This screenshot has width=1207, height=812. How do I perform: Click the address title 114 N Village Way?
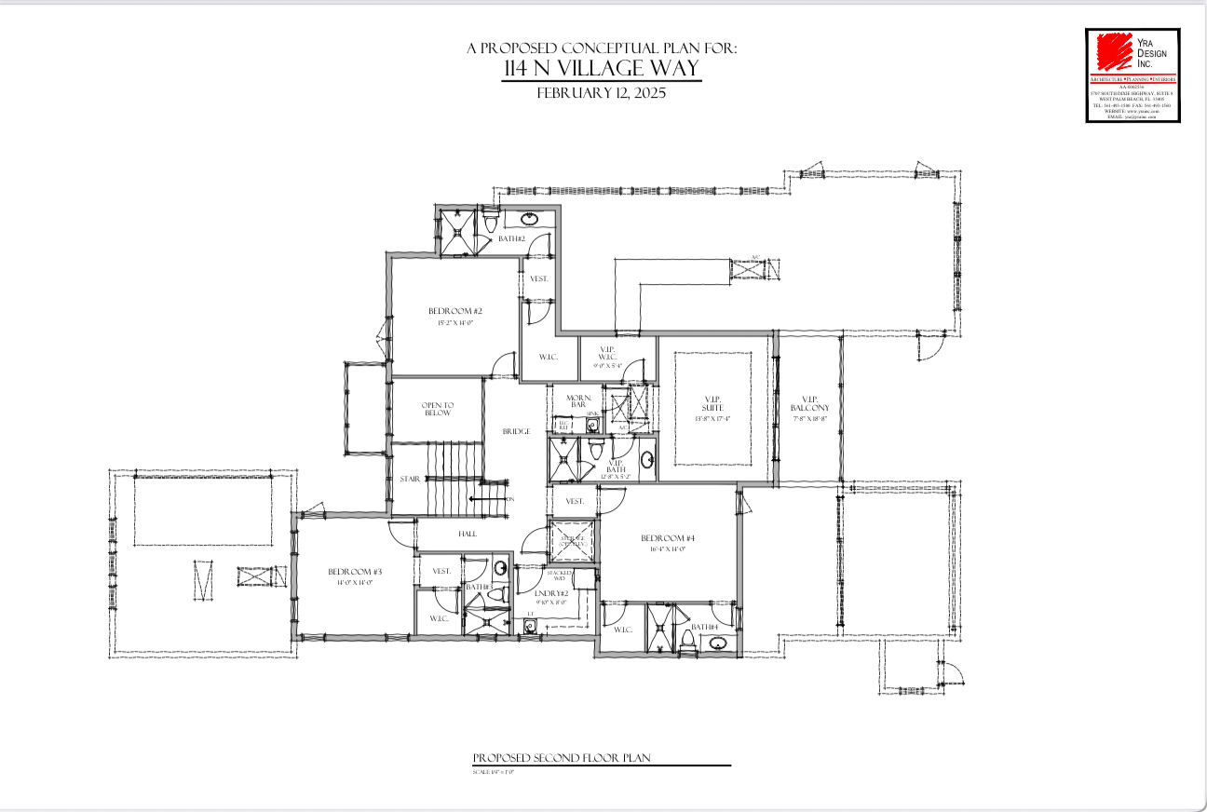(601, 69)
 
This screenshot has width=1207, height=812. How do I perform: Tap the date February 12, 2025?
(601, 93)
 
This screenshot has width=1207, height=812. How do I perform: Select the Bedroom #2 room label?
(454, 311)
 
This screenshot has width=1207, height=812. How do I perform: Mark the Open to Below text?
(437, 409)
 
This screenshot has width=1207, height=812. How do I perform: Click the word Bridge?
(516, 431)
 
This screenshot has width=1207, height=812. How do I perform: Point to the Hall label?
(467, 534)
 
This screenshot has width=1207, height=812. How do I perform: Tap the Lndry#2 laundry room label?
(552, 593)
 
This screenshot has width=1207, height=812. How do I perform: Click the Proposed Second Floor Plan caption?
(561, 758)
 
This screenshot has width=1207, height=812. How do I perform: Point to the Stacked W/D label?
(559, 575)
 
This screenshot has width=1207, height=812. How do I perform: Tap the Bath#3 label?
(479, 587)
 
